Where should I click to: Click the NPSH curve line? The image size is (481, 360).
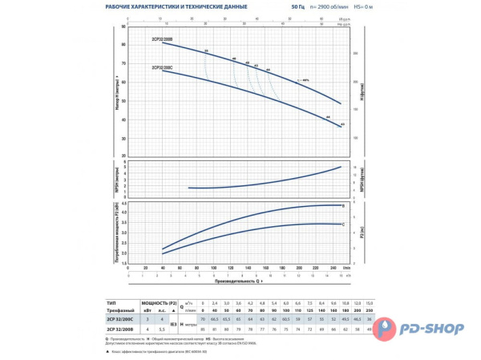[x=265, y=180]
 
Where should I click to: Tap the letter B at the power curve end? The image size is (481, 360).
[x=343, y=206]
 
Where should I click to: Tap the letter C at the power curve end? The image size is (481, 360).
[x=343, y=225]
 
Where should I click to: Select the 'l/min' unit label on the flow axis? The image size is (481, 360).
[x=346, y=269]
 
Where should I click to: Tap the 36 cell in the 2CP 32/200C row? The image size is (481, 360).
[x=348, y=318]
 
